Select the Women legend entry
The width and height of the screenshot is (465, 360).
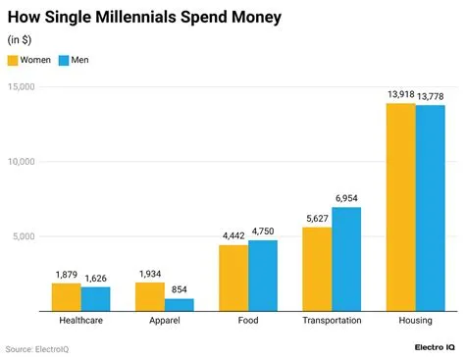(28, 60)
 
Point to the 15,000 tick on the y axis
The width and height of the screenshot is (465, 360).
(21, 87)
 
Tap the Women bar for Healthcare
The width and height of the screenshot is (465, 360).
(66, 296)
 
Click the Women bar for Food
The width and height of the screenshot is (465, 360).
(233, 278)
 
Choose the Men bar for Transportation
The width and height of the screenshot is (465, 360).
(346, 259)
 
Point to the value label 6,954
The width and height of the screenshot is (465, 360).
(346, 198)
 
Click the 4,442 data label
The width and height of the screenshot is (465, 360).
(232, 235)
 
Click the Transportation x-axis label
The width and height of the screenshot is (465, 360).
(332, 320)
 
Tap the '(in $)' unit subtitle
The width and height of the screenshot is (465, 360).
(19, 39)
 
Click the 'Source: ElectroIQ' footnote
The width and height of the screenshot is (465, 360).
(35, 348)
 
